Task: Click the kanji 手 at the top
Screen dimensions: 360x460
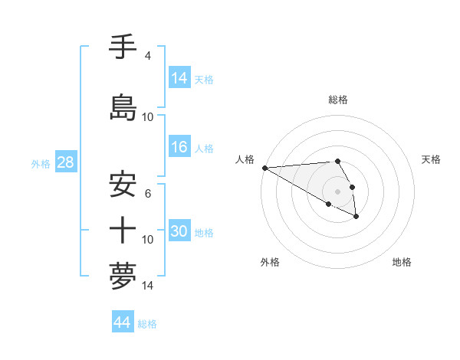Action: coord(123,48)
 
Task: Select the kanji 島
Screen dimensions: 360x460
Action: coord(123,107)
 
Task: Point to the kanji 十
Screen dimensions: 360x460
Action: coord(123,229)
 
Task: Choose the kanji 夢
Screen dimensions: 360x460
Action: coord(123,275)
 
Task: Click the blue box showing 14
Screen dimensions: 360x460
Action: coord(179,78)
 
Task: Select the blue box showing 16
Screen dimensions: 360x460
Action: coord(179,147)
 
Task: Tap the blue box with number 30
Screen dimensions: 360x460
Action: coord(179,231)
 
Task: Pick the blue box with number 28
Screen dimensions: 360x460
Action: coord(64,162)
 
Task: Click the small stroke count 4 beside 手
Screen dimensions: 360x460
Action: coord(148,56)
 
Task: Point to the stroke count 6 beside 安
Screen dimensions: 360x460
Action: coord(148,194)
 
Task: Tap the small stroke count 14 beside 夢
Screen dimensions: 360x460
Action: coord(148,286)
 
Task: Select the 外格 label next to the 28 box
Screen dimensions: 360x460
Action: coord(41,163)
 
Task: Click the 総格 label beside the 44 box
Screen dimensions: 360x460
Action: coord(147,324)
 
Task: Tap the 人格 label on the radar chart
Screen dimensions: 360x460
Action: coord(245,159)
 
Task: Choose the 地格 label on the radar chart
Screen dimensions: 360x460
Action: coord(402,262)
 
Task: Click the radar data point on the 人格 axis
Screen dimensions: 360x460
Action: coord(264,168)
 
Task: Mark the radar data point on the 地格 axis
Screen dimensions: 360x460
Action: coord(356,217)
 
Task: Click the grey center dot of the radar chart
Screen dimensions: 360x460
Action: coord(337,191)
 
